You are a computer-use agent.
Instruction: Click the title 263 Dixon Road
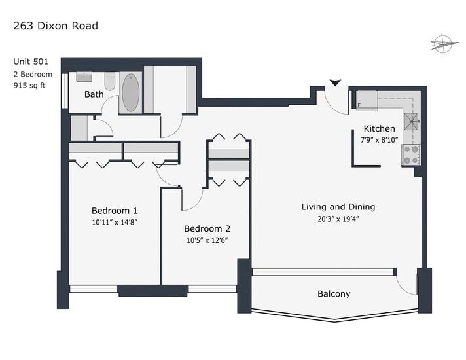pyautogui.click(x=56, y=26)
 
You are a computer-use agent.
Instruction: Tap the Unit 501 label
pyautogui.click(x=31, y=62)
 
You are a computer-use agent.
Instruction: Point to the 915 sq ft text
pyautogui.click(x=29, y=86)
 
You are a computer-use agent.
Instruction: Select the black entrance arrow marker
pyautogui.click(x=335, y=83)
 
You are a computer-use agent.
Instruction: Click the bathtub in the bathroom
pyautogui.click(x=131, y=92)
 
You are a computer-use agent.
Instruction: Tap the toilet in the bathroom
pyautogui.click(x=110, y=81)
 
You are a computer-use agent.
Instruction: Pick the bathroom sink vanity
pyautogui.click(x=84, y=77)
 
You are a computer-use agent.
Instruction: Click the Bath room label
pyautogui.click(x=94, y=94)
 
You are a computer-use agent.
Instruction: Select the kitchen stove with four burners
pyautogui.click(x=411, y=154)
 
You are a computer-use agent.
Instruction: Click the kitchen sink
pyautogui.click(x=412, y=122)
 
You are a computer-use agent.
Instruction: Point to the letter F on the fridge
pyautogui.click(x=359, y=105)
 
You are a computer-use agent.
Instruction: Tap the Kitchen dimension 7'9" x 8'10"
pyautogui.click(x=379, y=139)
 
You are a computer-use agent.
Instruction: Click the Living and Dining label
pyautogui.click(x=338, y=207)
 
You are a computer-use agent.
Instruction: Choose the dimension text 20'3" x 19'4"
pyautogui.click(x=338, y=219)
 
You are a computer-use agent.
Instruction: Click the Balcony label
pyautogui.click(x=334, y=294)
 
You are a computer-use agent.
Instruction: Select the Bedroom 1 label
pyautogui.click(x=115, y=211)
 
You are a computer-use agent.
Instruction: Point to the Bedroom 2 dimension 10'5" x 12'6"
pyautogui.click(x=207, y=240)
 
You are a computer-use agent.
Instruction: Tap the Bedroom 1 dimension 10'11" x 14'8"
pyautogui.click(x=115, y=222)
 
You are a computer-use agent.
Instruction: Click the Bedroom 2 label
pyautogui.click(x=207, y=228)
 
